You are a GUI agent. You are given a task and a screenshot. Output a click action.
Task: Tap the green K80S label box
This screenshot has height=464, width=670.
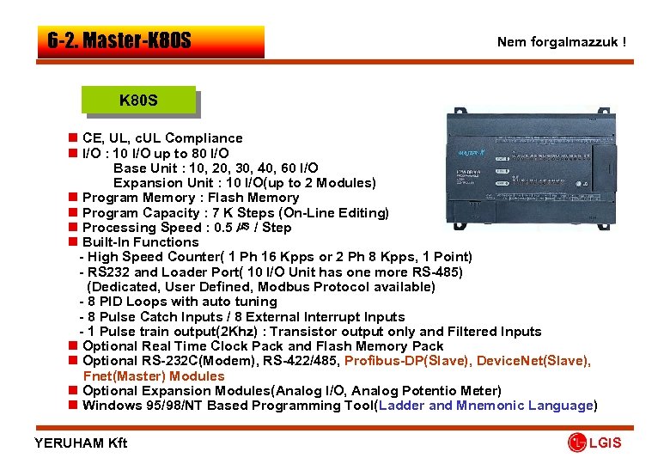coord(138,101)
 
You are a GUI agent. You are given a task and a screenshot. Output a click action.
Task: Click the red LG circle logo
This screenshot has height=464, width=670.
coord(577,443)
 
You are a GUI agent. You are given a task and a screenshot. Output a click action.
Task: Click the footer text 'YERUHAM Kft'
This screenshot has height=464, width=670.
coord(81,443)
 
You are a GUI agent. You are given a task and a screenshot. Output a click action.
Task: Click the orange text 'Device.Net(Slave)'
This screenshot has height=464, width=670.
coord(533,361)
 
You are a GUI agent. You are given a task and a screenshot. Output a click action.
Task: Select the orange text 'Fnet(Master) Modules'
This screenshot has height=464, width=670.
coord(154,375)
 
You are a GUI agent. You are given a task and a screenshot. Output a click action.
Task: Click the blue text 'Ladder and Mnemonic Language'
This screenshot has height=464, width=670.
coord(485,406)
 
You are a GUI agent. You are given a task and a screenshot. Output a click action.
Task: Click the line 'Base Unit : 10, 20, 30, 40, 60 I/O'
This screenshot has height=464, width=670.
coord(216,168)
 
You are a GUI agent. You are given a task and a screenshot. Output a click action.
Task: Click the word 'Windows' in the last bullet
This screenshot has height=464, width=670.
coord(109,406)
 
